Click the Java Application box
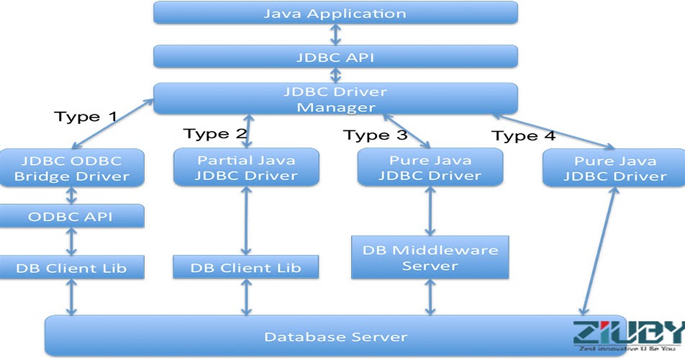(x=335, y=13)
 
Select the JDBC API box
(x=335, y=57)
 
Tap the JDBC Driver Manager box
(x=335, y=99)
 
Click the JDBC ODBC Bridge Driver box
(x=71, y=168)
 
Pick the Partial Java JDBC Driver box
(x=247, y=168)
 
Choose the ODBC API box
(x=71, y=217)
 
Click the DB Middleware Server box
(x=430, y=258)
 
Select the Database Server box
(x=335, y=336)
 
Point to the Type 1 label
(x=86, y=117)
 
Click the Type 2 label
(x=215, y=134)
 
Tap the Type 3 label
(x=375, y=135)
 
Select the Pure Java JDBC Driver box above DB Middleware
(x=430, y=168)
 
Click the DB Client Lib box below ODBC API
(x=71, y=268)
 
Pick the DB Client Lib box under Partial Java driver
(x=247, y=268)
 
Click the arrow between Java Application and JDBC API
(x=335, y=35)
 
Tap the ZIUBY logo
(x=626, y=336)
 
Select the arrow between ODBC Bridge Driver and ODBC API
(x=71, y=194)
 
